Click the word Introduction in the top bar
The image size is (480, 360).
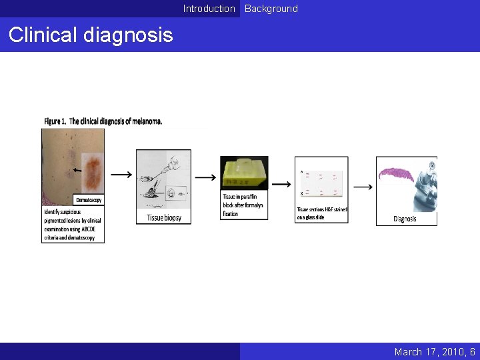tap(209, 9)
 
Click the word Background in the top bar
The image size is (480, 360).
tap(271, 9)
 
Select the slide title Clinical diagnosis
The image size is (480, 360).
tap(90, 35)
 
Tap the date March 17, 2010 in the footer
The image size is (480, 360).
tap(430, 351)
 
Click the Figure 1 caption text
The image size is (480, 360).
tap(103, 121)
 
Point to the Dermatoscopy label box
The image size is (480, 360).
tap(89, 200)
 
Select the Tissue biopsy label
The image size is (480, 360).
tap(163, 217)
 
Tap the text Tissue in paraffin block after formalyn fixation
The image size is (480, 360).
tap(243, 205)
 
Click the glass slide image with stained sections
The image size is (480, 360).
tap(321, 185)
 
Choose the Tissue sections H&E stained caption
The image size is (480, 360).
tap(322, 213)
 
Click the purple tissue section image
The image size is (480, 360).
tap(398, 175)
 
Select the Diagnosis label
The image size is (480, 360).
tap(405, 219)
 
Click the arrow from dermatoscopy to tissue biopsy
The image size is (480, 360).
tap(121, 175)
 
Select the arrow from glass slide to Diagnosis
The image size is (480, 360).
tap(362, 187)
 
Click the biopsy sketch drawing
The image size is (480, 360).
tap(163, 181)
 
